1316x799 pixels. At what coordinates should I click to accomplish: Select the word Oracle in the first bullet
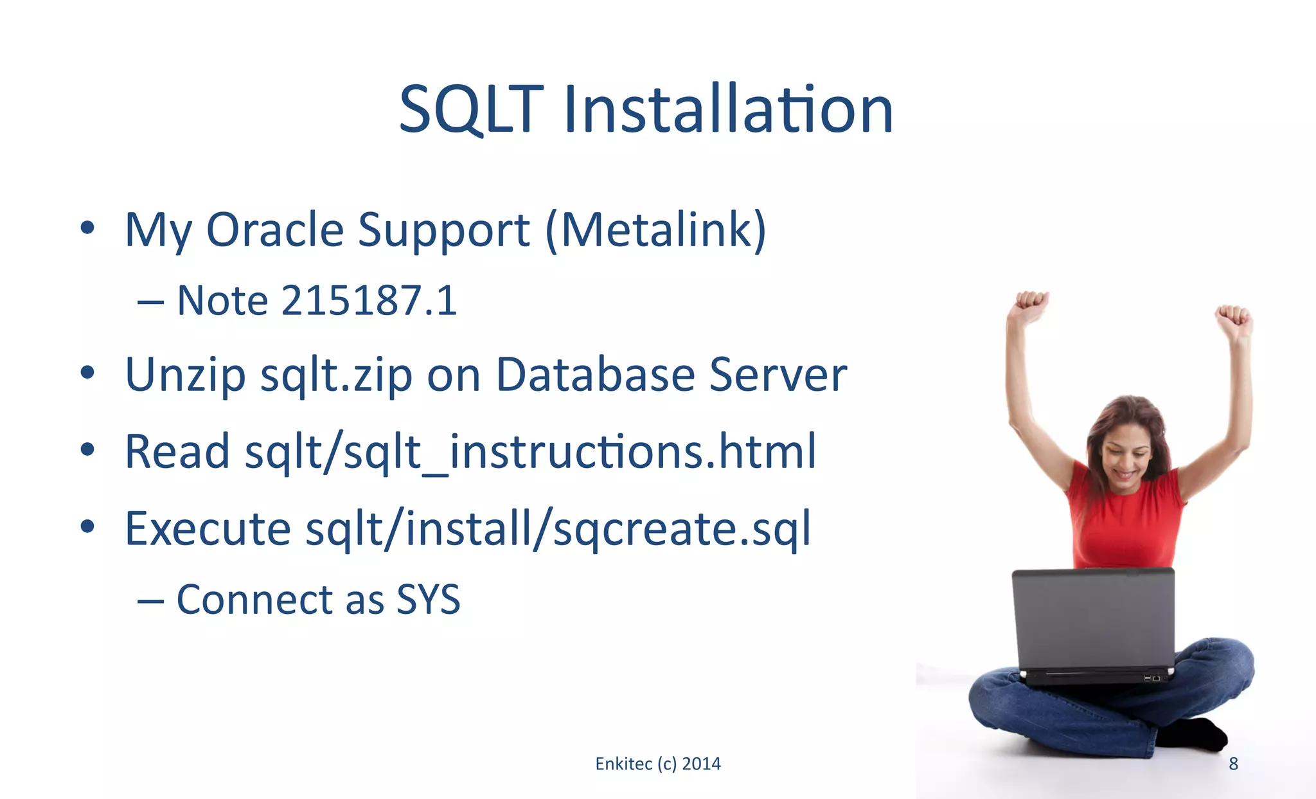click(x=275, y=229)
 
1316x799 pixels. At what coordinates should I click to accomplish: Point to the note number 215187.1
click(x=369, y=300)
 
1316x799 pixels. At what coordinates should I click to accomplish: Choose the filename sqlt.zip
click(x=336, y=375)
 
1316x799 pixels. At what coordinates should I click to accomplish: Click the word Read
click(x=177, y=451)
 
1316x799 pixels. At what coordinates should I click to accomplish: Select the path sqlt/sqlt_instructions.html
click(x=531, y=451)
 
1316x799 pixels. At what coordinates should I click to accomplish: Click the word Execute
click(x=208, y=528)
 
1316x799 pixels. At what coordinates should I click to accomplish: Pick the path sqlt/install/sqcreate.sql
click(x=558, y=528)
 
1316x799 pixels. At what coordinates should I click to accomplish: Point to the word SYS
click(x=428, y=600)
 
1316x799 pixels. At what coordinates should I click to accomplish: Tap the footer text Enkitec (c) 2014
click(x=658, y=764)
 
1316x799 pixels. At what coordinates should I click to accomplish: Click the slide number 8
click(x=1233, y=764)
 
